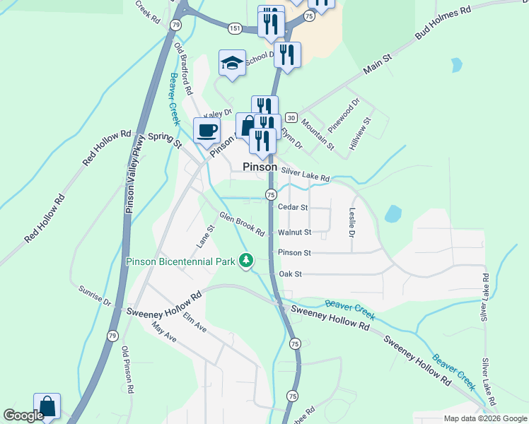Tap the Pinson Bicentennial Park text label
click(x=180, y=261)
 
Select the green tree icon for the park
click(x=246, y=261)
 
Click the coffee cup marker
click(x=207, y=131)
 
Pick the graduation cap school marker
click(x=232, y=63)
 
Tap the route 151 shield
click(x=235, y=28)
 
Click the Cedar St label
click(x=293, y=208)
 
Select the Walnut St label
click(x=294, y=232)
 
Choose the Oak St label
click(x=291, y=273)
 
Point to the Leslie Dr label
click(x=351, y=222)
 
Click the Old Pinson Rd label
click(x=128, y=370)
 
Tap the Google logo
click(x=23, y=416)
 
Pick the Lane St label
click(x=206, y=237)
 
